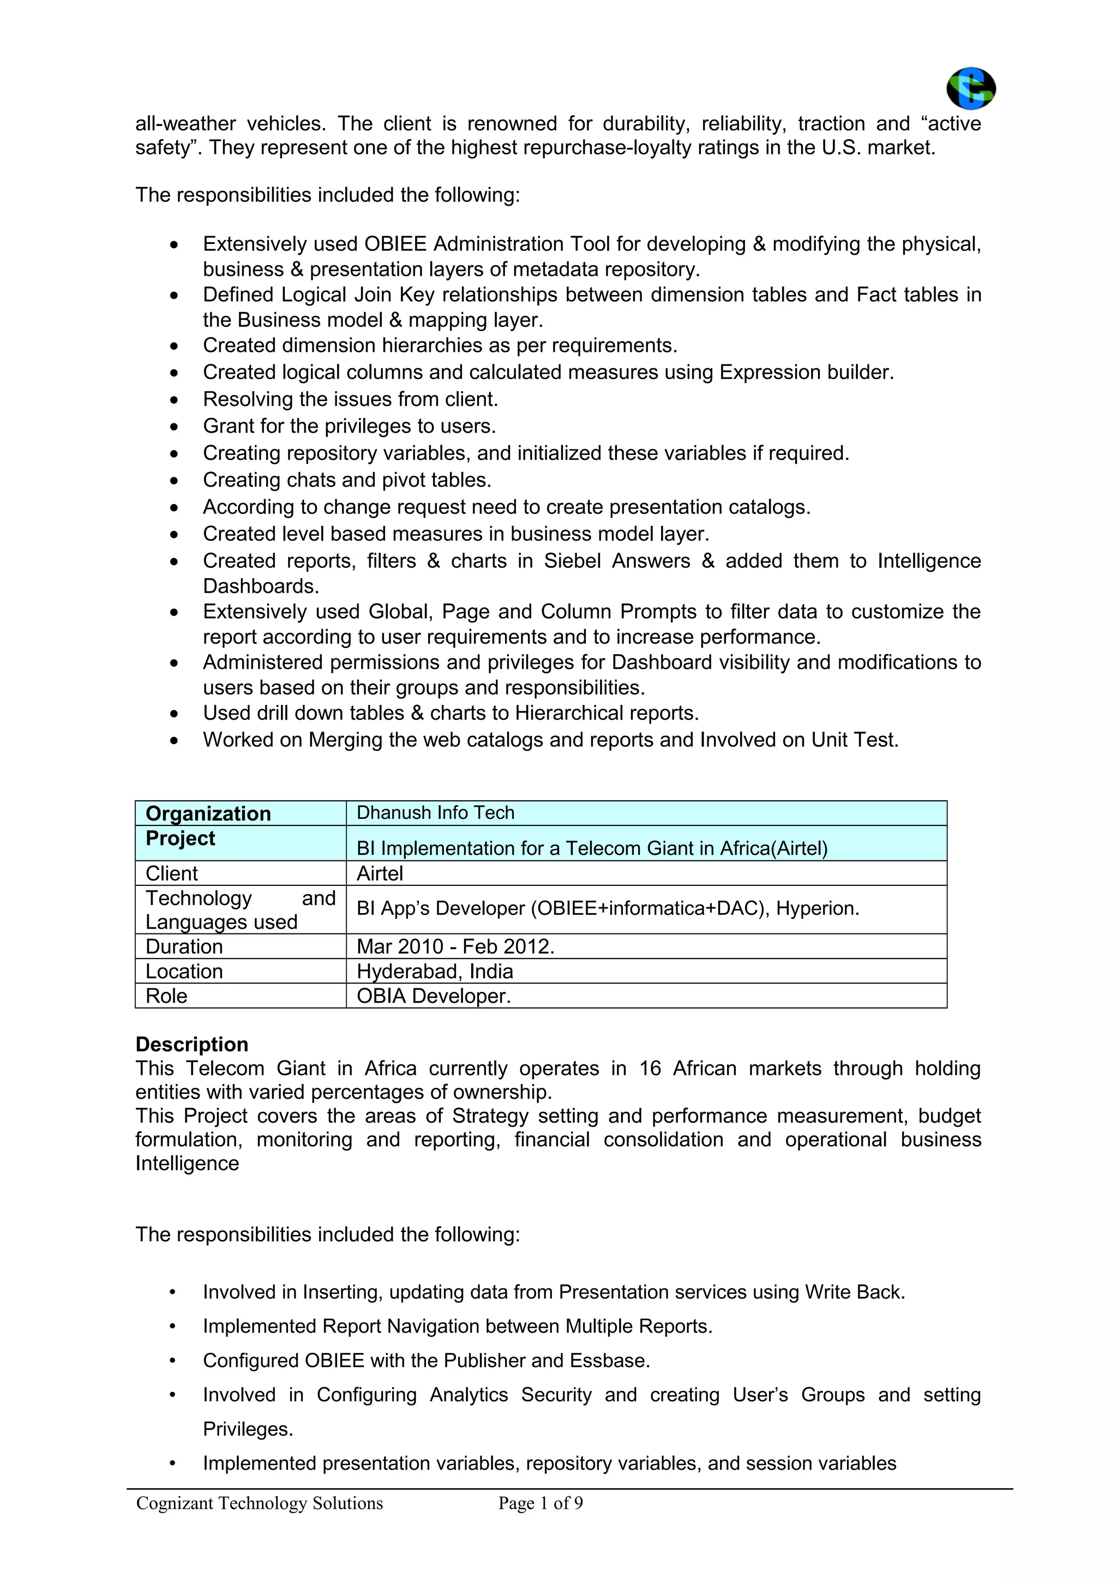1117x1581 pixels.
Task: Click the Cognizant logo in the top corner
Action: (970, 88)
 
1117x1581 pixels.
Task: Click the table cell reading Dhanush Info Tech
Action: (435, 812)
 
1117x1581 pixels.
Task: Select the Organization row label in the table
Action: (208, 813)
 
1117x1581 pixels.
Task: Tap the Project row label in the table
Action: (181, 838)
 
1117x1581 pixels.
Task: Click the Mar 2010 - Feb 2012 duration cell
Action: (455, 946)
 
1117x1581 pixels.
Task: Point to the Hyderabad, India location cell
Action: (434, 971)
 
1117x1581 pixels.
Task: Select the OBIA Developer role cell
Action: (434, 996)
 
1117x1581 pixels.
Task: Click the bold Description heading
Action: (191, 1044)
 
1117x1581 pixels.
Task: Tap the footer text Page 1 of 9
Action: (541, 1502)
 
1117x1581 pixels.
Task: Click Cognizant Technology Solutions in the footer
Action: (260, 1502)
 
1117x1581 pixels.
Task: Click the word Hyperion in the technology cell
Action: (817, 908)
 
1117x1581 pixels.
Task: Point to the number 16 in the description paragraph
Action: (650, 1068)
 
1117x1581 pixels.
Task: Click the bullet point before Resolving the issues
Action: (174, 399)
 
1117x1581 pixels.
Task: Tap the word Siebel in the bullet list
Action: (572, 560)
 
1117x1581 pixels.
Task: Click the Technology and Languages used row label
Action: (239, 909)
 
